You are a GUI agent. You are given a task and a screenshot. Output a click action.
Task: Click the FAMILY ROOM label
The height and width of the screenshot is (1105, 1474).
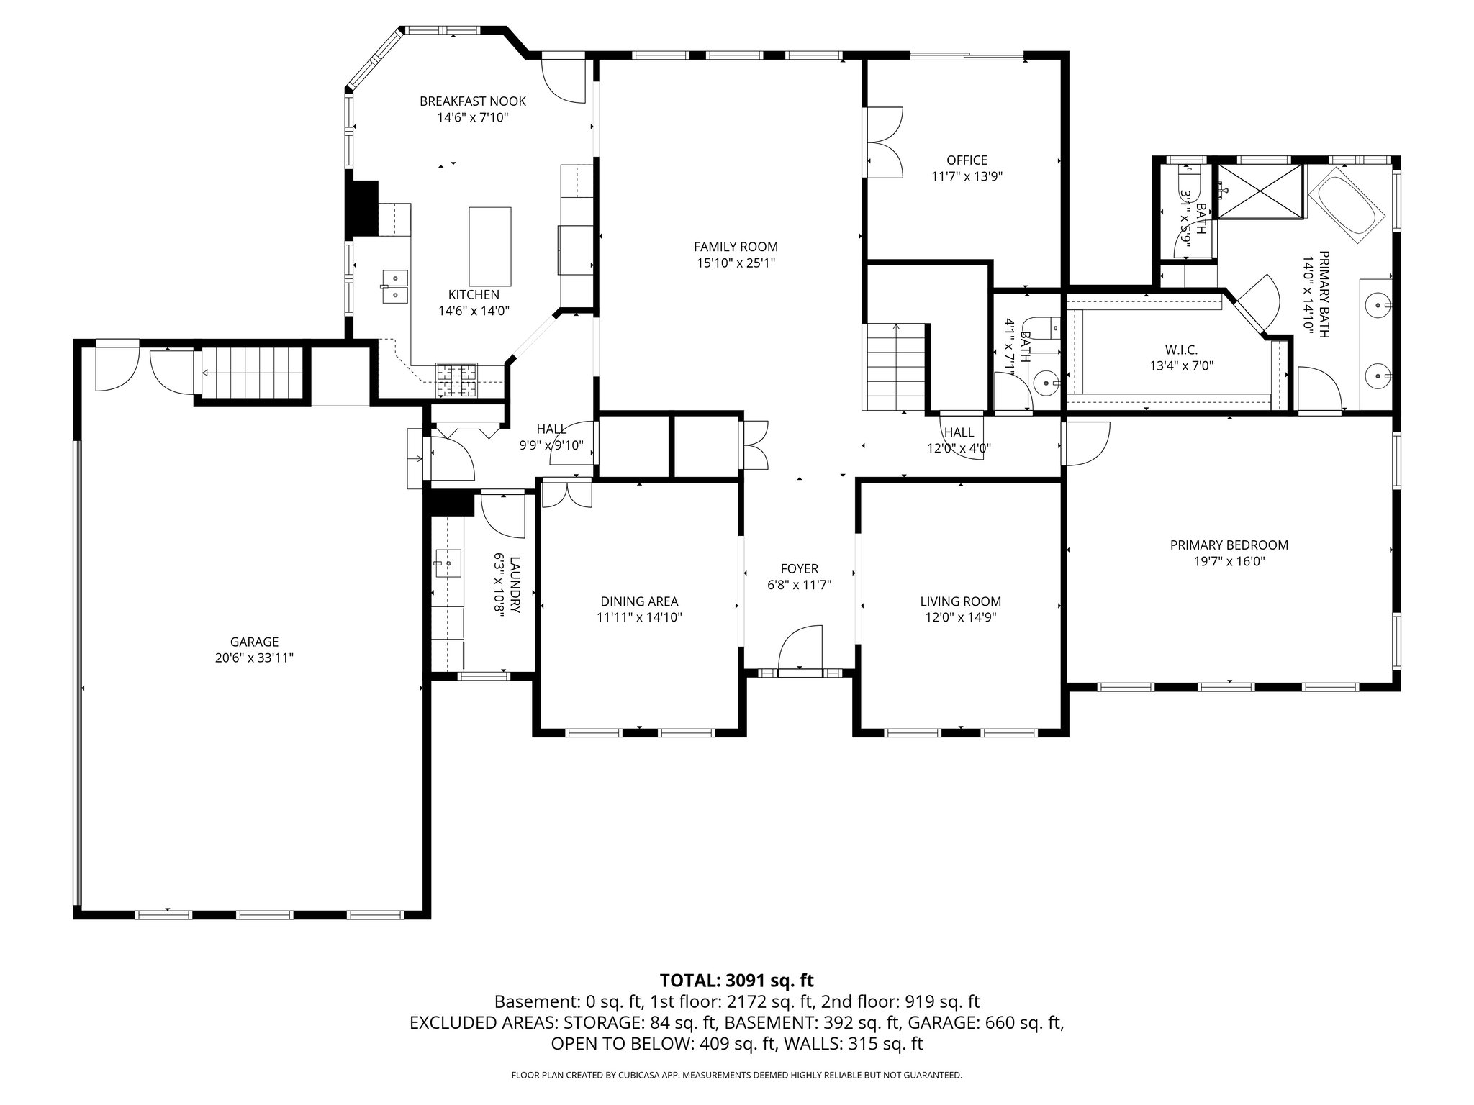(736, 247)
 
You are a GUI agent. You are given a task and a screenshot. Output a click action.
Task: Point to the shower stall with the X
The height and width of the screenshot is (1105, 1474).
(1259, 191)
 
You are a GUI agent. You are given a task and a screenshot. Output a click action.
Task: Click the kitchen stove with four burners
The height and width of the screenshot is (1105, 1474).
(456, 381)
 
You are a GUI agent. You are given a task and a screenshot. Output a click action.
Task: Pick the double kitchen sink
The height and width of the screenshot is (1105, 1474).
(394, 286)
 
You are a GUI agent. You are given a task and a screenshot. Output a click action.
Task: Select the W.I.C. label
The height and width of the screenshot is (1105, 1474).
(1181, 350)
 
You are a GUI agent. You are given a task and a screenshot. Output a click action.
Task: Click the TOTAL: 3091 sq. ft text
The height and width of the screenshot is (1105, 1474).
(736, 980)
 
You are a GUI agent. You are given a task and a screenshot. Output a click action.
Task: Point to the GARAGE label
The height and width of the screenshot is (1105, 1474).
(254, 642)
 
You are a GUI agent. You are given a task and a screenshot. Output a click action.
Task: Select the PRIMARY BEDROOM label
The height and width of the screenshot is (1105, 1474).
(1229, 545)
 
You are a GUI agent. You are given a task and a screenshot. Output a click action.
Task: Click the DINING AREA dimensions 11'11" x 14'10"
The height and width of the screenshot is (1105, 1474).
(639, 617)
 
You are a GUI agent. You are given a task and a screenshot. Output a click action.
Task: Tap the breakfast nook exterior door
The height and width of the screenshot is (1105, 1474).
(564, 81)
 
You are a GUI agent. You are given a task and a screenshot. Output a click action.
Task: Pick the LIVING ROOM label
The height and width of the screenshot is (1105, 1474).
(960, 601)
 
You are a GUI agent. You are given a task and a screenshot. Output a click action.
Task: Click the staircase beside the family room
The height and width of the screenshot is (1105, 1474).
(895, 367)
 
